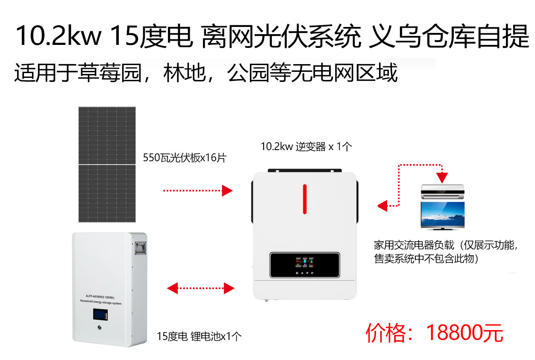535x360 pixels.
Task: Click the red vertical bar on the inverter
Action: [x=305, y=199]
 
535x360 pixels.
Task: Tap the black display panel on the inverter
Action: [x=305, y=265]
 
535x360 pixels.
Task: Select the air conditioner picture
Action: [x=443, y=191]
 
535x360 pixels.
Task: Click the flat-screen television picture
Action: [x=443, y=215]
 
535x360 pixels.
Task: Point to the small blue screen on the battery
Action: [x=100, y=314]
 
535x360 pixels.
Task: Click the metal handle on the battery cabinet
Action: [x=141, y=248]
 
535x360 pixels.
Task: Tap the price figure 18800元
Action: [x=464, y=333]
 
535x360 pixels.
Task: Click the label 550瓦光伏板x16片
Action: [x=185, y=158]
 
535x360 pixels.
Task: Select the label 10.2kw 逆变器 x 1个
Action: [x=306, y=147]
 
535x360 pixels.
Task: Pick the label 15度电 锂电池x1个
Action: [x=199, y=336]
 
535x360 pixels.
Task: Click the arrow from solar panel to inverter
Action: [x=198, y=191]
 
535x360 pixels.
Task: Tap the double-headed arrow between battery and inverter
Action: [x=201, y=288]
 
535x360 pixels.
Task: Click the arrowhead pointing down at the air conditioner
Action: [x=442, y=178]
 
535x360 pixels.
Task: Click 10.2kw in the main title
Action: [x=59, y=36]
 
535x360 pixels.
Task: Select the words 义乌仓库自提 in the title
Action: [x=449, y=36]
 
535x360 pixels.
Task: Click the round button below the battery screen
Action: [x=100, y=327]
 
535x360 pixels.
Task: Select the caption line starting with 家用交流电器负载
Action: [x=446, y=245]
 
